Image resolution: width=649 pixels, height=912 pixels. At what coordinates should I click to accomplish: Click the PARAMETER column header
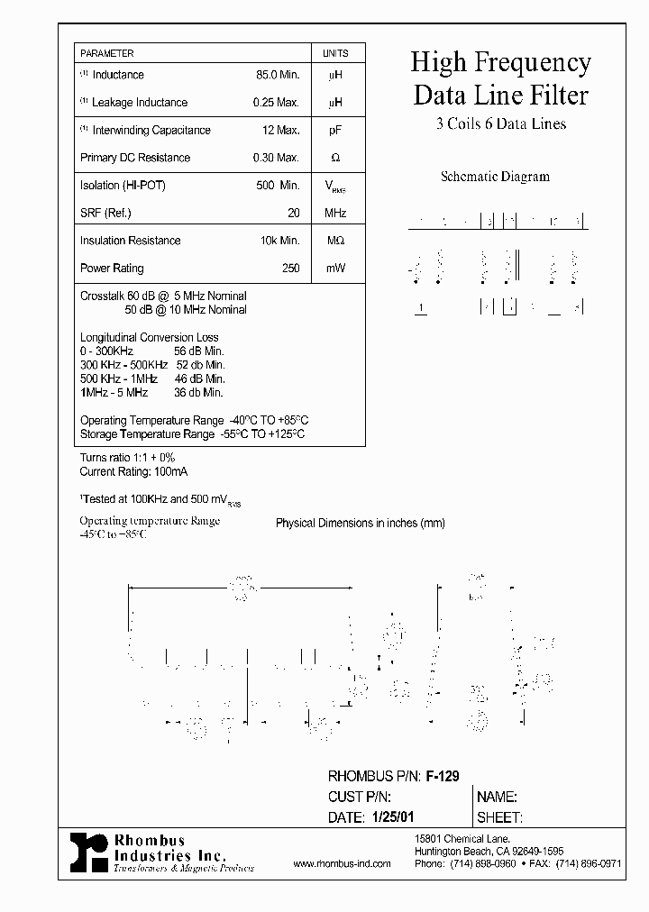tap(107, 54)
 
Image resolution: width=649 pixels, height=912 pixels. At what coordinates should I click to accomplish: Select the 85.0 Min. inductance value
tap(278, 75)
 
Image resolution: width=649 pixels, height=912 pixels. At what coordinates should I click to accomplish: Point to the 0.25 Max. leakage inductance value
tap(276, 103)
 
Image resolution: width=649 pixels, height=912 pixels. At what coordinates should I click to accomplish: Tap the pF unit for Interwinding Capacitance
tap(335, 131)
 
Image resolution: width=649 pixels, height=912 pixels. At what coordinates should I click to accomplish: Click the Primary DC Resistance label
tap(135, 158)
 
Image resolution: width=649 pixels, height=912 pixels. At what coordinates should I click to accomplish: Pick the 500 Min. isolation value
tap(278, 186)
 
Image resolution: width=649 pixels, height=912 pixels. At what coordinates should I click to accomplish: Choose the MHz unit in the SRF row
tap(335, 214)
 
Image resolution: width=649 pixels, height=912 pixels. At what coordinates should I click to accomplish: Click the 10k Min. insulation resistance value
tap(279, 241)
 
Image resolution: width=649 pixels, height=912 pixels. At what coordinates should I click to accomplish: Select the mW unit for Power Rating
tap(335, 269)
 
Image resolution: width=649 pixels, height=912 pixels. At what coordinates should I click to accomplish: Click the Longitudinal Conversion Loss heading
tap(150, 338)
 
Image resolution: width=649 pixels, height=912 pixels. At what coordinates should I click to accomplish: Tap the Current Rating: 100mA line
tap(134, 471)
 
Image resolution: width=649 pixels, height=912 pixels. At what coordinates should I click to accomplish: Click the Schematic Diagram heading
tap(495, 177)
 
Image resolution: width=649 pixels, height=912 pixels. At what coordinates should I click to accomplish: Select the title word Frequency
tap(540, 63)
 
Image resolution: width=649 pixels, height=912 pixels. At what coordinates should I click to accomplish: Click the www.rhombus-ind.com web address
tap(343, 863)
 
